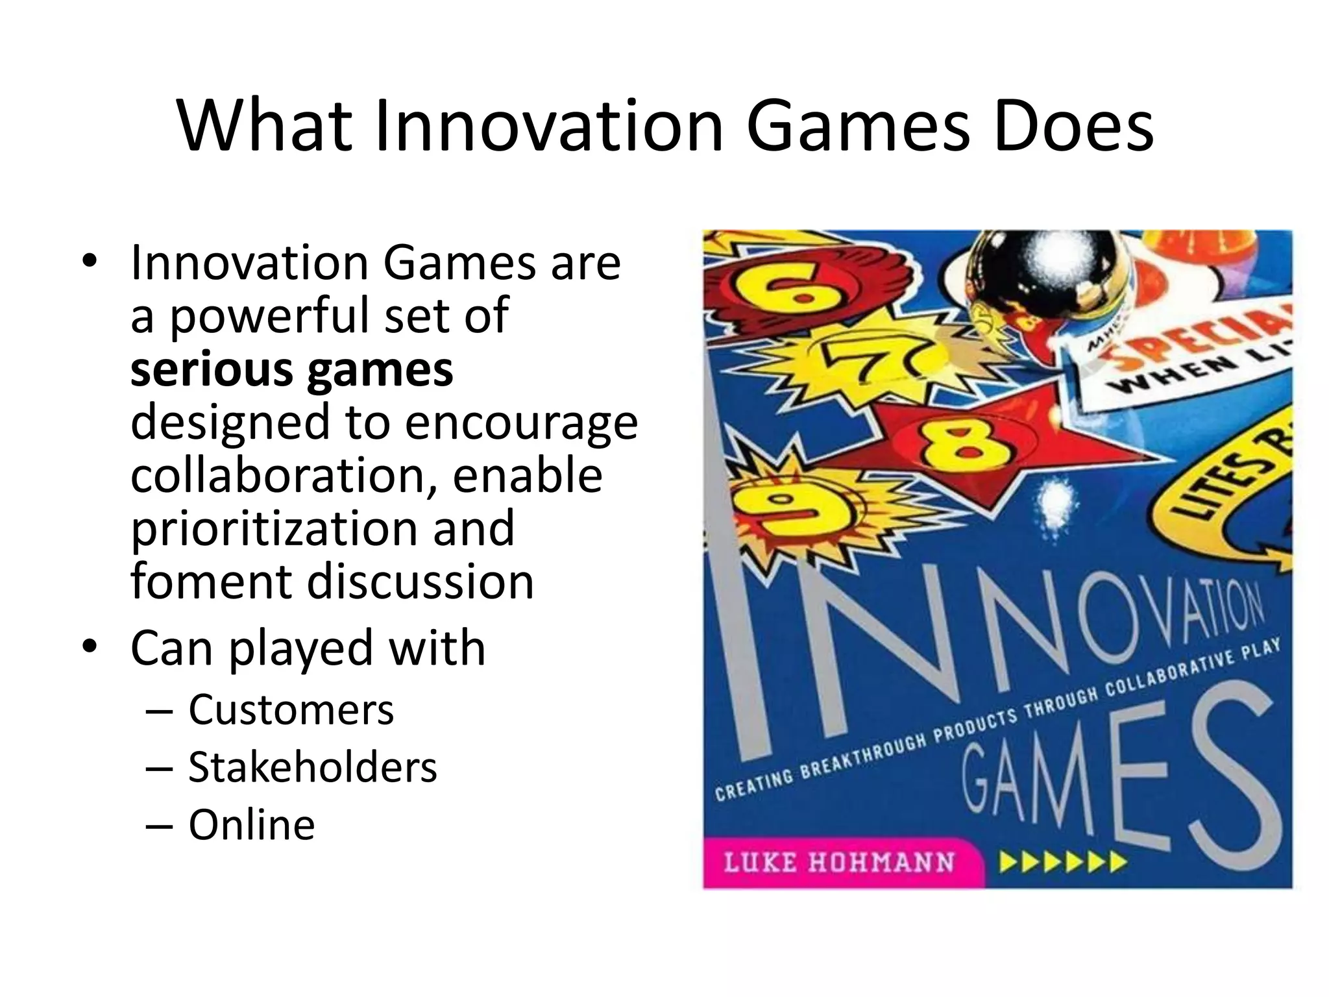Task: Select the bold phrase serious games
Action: point(291,369)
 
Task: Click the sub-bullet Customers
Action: point(291,709)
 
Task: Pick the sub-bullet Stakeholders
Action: point(312,767)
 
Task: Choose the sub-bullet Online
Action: point(251,825)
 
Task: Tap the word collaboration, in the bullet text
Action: point(284,474)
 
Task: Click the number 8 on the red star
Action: point(955,447)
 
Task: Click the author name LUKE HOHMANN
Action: point(838,863)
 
